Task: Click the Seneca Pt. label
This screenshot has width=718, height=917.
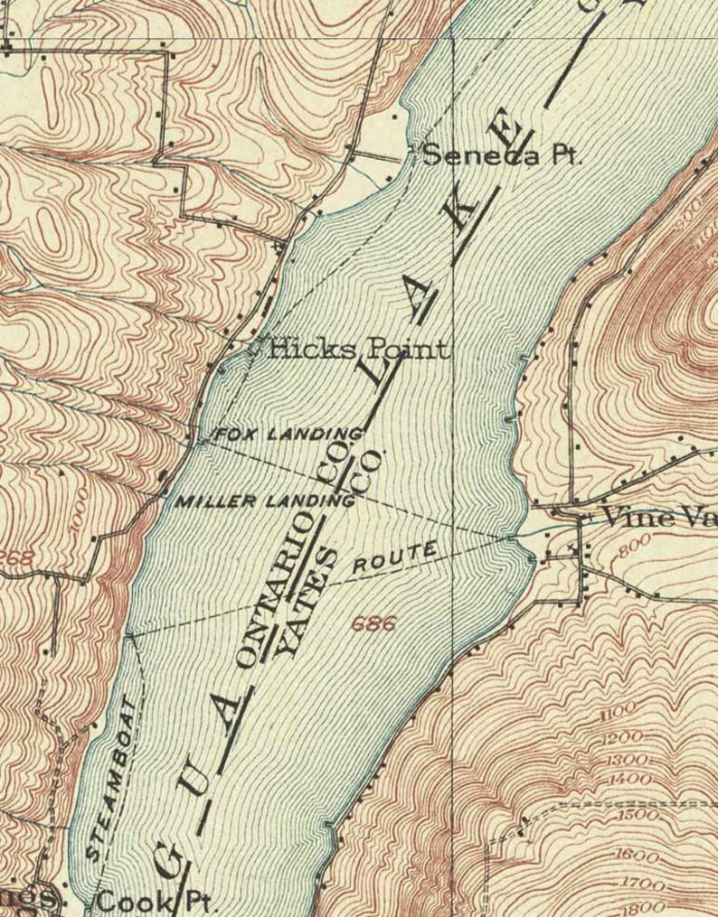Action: (500, 155)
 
